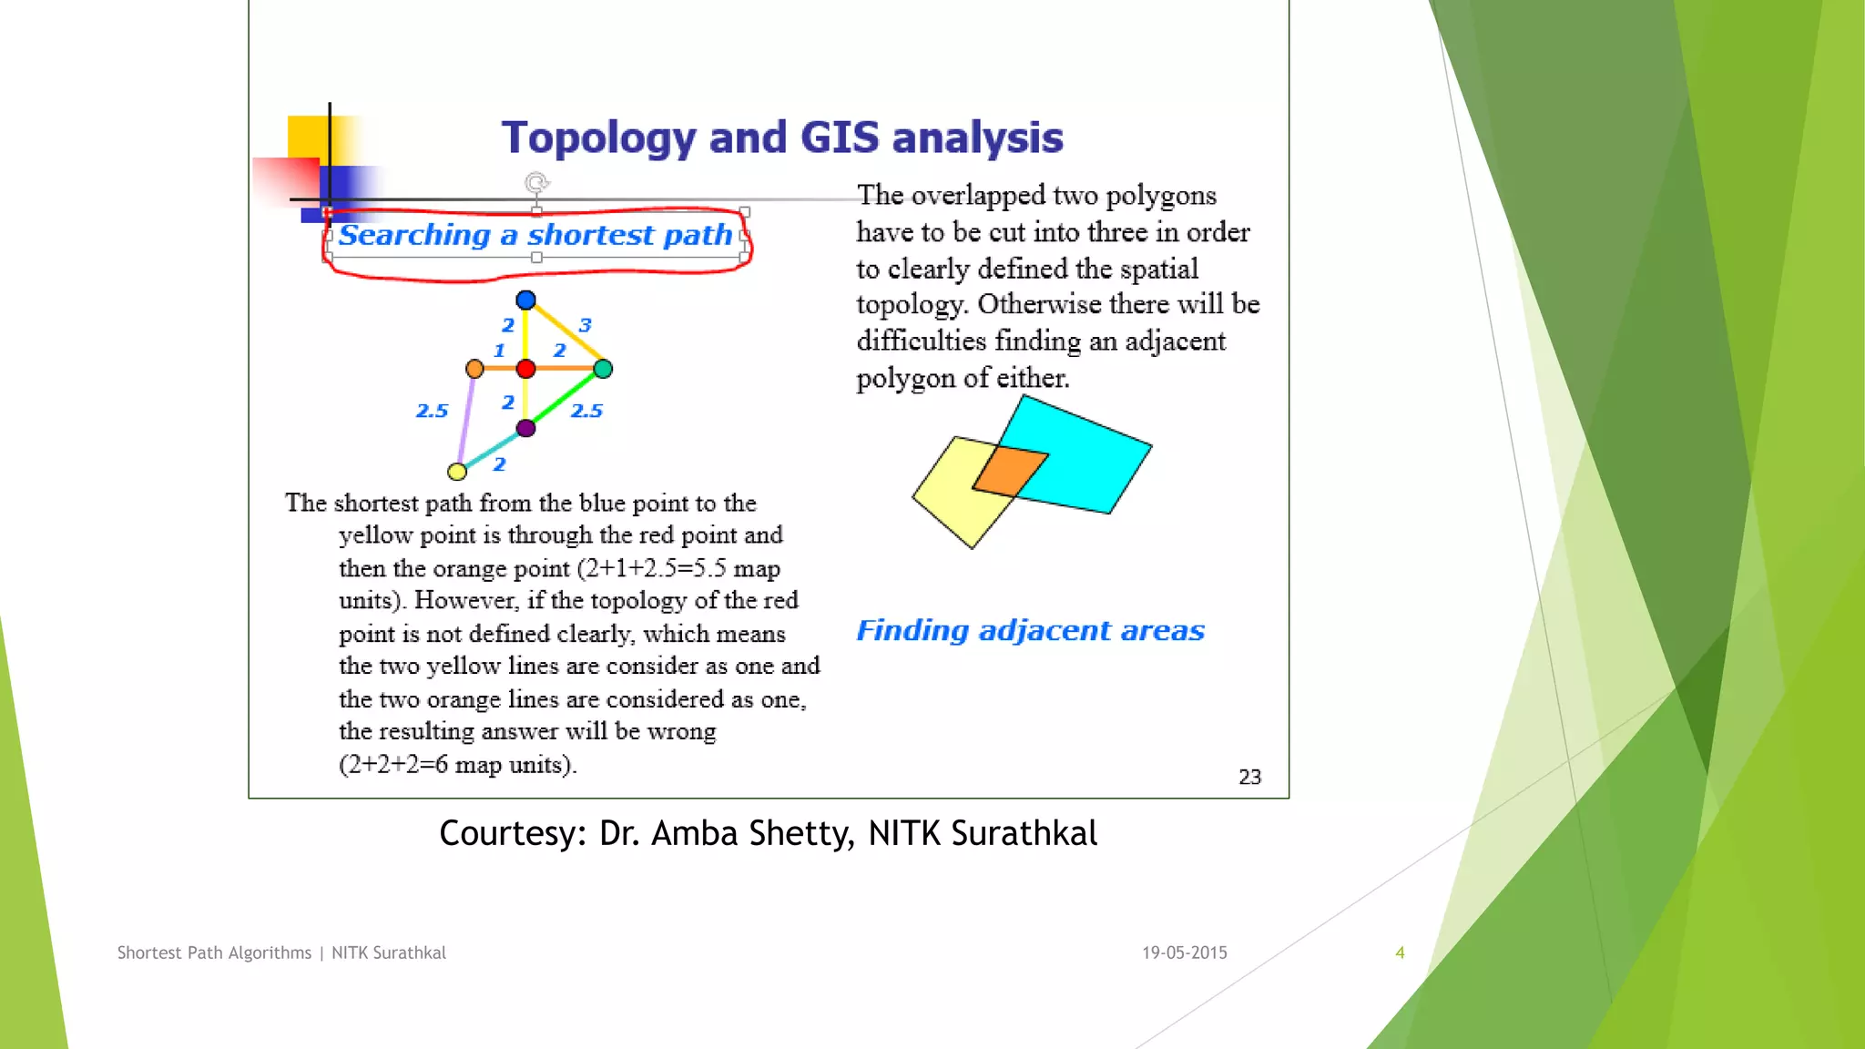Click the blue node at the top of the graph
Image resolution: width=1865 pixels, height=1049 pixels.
pyautogui.click(x=525, y=300)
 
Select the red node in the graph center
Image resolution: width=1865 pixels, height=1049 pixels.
pyautogui.click(x=525, y=369)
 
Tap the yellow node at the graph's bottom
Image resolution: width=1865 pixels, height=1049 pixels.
pyautogui.click(x=457, y=472)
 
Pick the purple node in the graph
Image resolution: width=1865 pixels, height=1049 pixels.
pyautogui.click(x=525, y=428)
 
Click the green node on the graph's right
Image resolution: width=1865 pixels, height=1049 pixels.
pyautogui.click(x=603, y=369)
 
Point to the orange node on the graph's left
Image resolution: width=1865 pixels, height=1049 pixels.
pyautogui.click(x=474, y=369)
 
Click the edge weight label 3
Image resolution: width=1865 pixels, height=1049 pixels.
pyautogui.click(x=586, y=325)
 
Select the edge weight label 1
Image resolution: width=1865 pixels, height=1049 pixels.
pyautogui.click(x=499, y=351)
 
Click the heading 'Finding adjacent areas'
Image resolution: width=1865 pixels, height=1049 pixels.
pyautogui.click(x=1030, y=630)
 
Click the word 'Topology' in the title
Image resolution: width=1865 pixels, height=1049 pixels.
pyautogui.click(x=598, y=137)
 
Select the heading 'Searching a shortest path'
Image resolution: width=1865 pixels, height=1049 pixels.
pyautogui.click(x=535, y=235)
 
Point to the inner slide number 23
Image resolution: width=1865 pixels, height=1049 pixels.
pyautogui.click(x=1249, y=777)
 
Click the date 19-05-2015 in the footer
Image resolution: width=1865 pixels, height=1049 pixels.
pyautogui.click(x=1185, y=952)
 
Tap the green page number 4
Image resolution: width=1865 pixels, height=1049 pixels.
pyautogui.click(x=1400, y=952)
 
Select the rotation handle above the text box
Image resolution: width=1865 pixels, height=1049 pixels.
pyautogui.click(x=536, y=183)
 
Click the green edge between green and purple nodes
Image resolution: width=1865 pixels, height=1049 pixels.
pyautogui.click(x=565, y=398)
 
